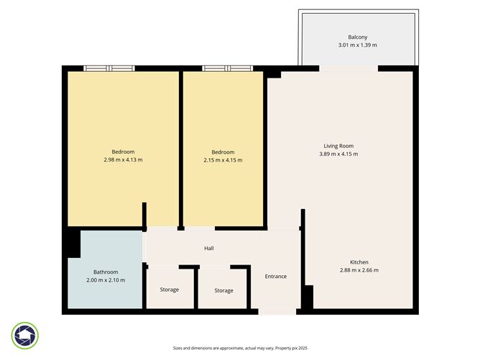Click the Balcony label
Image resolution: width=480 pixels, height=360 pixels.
[x=358, y=37]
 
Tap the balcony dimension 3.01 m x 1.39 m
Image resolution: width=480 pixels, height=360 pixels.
[x=358, y=45]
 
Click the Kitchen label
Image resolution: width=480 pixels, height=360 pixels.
[x=359, y=262]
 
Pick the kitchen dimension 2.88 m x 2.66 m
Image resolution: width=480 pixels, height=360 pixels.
[x=359, y=270]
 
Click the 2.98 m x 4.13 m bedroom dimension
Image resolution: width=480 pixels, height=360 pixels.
[x=123, y=160]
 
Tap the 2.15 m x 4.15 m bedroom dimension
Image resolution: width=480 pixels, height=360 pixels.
[x=223, y=160]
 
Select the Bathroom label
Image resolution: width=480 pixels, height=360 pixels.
[x=106, y=272]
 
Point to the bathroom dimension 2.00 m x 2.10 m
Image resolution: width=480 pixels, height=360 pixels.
[x=106, y=280]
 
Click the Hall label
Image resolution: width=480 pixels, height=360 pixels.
[x=209, y=248]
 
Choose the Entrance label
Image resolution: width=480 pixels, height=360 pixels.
[x=276, y=277]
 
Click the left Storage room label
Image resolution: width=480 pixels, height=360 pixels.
[x=170, y=290]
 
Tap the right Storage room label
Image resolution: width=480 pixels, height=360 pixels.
[x=223, y=290]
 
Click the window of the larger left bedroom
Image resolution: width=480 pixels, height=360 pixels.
[x=109, y=68]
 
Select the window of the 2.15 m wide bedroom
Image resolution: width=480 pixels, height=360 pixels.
[x=227, y=68]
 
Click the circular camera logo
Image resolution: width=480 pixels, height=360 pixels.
[x=25, y=335]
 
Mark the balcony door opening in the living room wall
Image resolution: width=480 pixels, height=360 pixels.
[x=348, y=69]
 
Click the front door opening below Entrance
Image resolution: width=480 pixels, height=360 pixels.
[x=277, y=312]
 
